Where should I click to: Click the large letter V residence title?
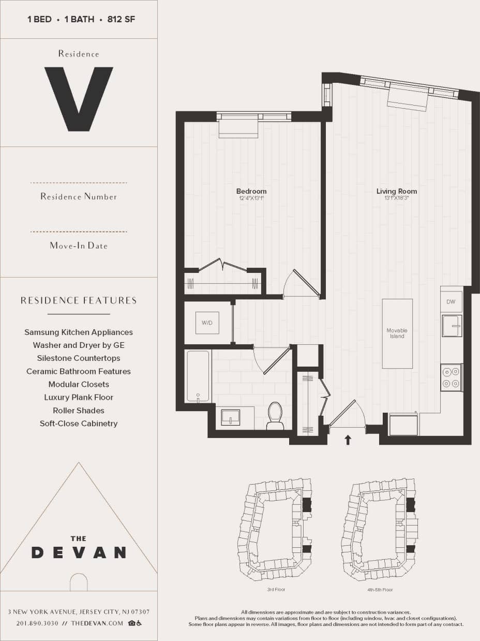pos(79,98)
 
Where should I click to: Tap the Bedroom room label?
pos(251,192)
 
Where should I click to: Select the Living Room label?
pos(396,192)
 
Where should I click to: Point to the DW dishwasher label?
pos(451,302)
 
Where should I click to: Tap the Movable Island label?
pos(397,333)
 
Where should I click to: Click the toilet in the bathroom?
pos(275,416)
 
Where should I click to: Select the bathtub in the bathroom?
pos(198,376)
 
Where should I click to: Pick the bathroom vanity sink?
pos(230,417)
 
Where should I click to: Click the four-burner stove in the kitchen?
pos(451,377)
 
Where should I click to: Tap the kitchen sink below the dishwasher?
pos(451,326)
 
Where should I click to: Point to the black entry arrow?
pos(348,440)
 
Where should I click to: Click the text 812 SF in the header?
pos(122,20)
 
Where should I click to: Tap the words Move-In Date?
pos(79,246)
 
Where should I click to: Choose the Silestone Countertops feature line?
pos(79,358)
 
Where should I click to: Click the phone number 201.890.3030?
pos(38,623)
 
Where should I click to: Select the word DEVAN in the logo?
pos(79,552)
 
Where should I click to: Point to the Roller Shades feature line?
pos(79,411)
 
